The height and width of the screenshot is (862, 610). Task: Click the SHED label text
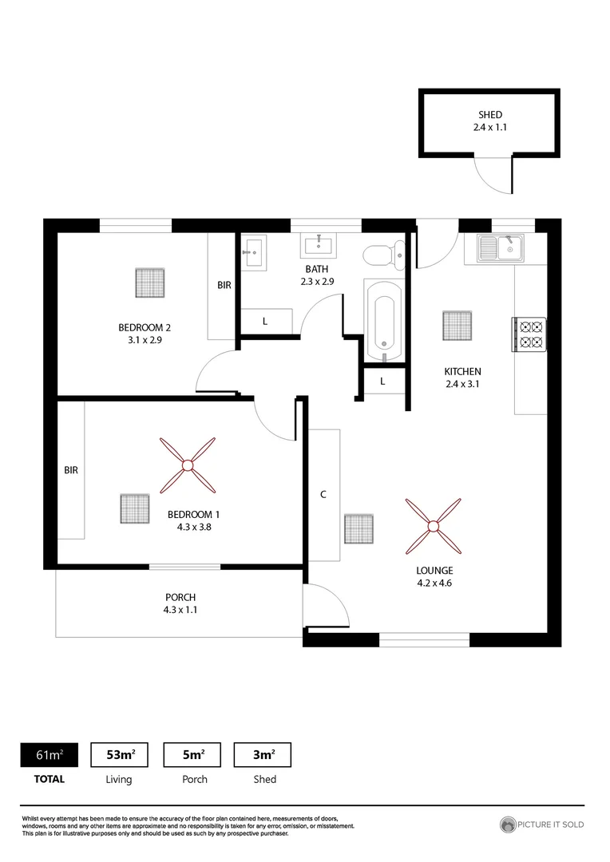pyautogui.click(x=489, y=115)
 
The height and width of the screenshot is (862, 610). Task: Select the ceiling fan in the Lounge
pyautogui.click(x=433, y=526)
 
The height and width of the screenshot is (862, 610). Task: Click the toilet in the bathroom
pyautogui.click(x=381, y=255)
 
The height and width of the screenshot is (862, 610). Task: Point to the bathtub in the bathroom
pyautogui.click(x=384, y=320)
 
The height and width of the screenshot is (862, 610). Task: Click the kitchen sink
pyautogui.click(x=499, y=248)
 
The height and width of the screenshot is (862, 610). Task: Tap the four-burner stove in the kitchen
pyautogui.click(x=529, y=334)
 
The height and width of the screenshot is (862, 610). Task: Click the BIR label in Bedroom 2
pyautogui.click(x=224, y=284)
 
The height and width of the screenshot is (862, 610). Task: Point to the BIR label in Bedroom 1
pyautogui.click(x=71, y=470)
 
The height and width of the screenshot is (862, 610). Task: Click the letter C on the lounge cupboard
pyautogui.click(x=323, y=494)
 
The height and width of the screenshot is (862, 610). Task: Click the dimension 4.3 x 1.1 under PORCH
pyautogui.click(x=180, y=610)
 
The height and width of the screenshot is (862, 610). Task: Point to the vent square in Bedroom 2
pyautogui.click(x=150, y=282)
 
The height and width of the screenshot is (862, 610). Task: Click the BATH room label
pyautogui.click(x=315, y=270)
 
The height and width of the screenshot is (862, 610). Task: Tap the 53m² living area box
pyautogui.click(x=120, y=754)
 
